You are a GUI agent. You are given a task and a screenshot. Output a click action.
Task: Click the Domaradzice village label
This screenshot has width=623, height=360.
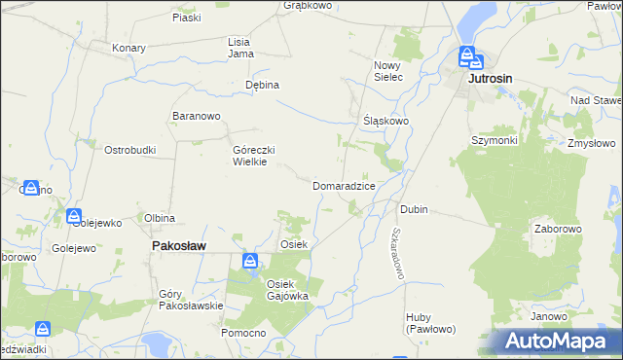(x=344, y=185)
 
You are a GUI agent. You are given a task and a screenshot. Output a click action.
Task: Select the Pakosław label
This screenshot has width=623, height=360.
(x=178, y=247)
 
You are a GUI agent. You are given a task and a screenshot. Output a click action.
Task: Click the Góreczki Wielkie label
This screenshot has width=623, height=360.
(x=255, y=156)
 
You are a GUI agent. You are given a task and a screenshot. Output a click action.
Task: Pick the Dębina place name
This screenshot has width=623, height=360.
(x=262, y=85)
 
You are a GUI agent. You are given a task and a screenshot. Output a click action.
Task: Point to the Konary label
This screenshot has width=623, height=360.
(x=128, y=48)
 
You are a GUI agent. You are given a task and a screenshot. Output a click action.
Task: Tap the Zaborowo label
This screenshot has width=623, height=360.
(x=558, y=230)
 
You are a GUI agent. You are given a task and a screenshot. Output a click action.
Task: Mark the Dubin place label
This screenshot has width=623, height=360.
(x=414, y=209)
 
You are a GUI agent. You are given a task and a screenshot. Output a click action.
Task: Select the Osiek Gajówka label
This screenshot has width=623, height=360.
(x=287, y=289)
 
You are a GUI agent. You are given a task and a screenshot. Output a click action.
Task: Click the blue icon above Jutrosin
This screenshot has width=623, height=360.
(x=468, y=55)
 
